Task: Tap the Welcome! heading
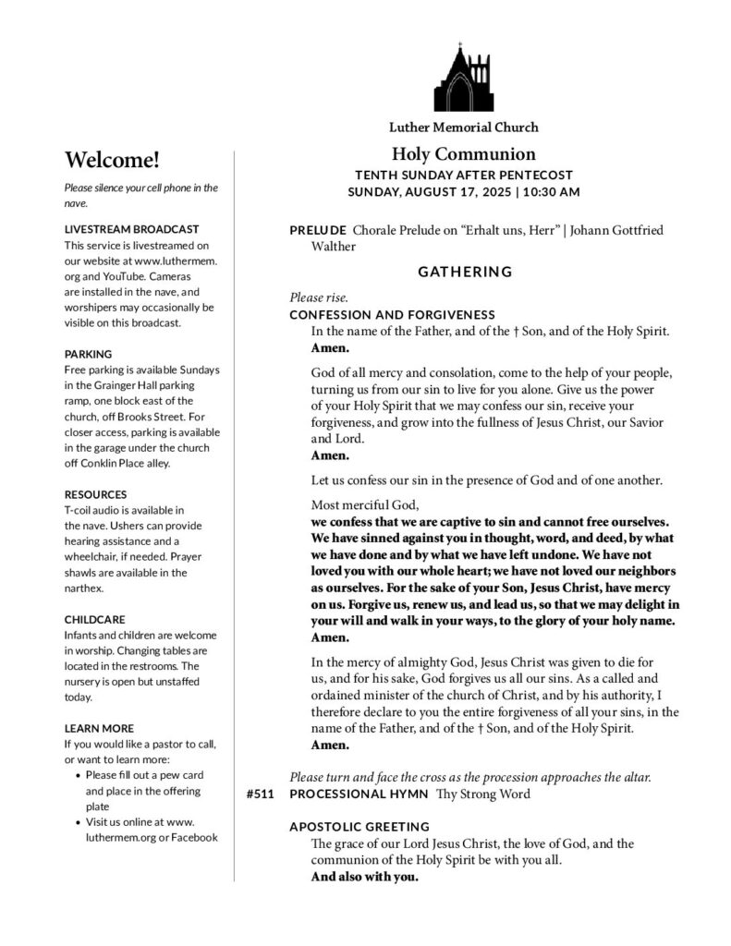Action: (x=112, y=160)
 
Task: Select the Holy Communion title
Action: (x=463, y=154)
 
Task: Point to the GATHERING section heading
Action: (x=465, y=272)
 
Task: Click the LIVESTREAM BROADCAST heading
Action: (x=131, y=228)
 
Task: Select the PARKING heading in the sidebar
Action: (x=88, y=353)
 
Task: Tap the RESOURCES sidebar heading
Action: (x=95, y=494)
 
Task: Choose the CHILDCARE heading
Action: (x=94, y=619)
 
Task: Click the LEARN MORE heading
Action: (x=99, y=728)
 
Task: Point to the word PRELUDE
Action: (x=318, y=229)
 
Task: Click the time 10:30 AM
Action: (x=552, y=192)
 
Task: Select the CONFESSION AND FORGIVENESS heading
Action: (x=392, y=314)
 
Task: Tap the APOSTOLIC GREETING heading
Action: (x=359, y=826)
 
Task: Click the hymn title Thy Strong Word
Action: (x=482, y=794)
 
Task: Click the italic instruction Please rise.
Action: (x=319, y=297)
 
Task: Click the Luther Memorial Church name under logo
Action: (x=463, y=127)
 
